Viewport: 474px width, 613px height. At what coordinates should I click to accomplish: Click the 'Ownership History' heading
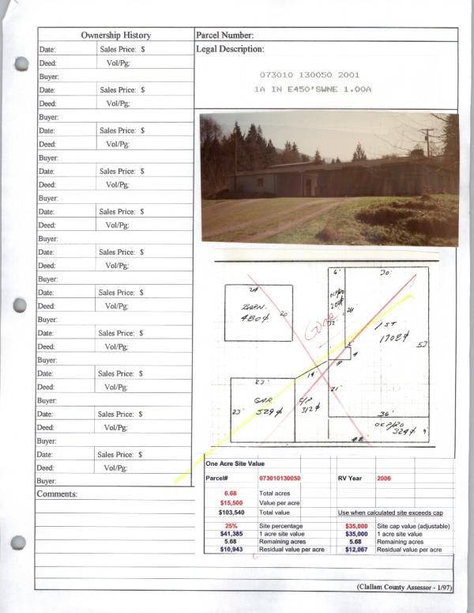tap(115, 36)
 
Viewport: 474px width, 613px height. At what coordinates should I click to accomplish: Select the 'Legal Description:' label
tap(229, 49)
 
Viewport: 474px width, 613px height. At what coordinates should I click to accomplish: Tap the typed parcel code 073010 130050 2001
tap(310, 75)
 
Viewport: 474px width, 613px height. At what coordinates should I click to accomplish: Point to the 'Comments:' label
tap(57, 494)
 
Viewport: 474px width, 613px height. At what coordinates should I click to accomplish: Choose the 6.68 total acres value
tap(231, 493)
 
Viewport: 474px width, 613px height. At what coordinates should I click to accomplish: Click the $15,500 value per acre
tap(231, 503)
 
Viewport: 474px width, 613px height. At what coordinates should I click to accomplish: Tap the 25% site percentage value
tap(231, 526)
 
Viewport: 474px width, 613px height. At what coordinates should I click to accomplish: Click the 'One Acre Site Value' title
tap(235, 464)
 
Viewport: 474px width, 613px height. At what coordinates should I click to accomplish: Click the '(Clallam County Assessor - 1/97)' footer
tap(403, 586)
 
